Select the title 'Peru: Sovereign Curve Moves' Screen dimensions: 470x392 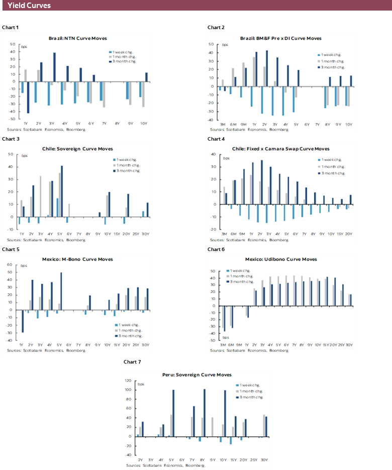point(197,375)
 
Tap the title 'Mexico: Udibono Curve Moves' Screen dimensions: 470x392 point(281,259)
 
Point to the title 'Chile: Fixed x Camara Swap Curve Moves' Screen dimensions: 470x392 point(281,149)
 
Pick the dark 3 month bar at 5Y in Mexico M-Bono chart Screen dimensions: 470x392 point(61,291)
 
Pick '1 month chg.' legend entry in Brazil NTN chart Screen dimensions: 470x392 point(123,57)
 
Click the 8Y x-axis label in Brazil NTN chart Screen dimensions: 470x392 point(117,123)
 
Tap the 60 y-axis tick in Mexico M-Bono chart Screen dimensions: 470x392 point(9,265)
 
